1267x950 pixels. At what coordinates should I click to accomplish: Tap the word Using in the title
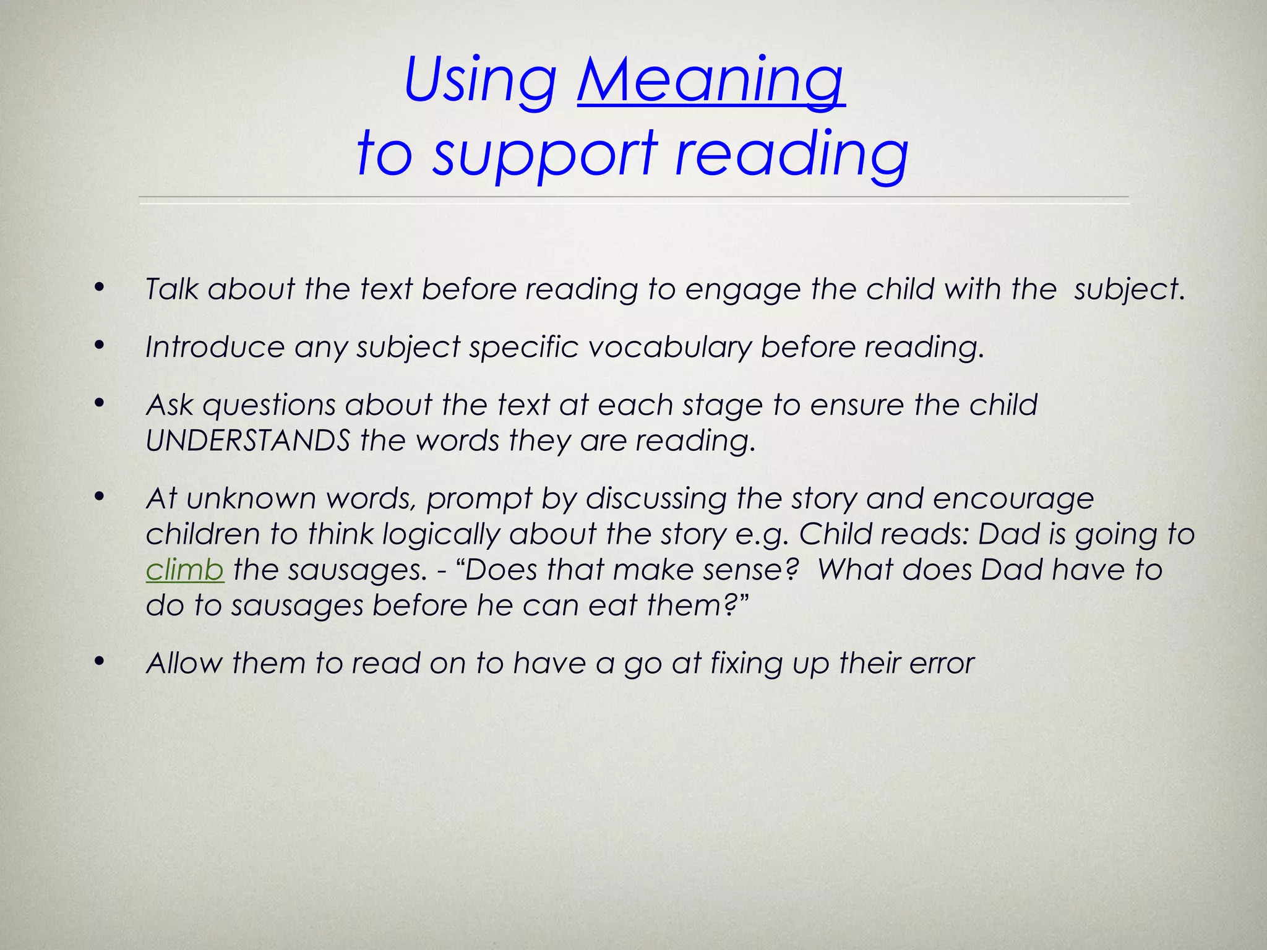(480, 80)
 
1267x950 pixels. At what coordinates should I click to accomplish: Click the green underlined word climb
(184, 570)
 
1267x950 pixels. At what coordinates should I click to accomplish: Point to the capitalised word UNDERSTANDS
(248, 441)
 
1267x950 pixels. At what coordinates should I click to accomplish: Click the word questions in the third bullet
(269, 406)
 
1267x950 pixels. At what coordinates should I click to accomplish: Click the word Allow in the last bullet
(184, 663)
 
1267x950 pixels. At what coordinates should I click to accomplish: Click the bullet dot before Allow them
(99, 662)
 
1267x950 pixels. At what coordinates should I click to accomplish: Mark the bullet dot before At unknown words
(99, 497)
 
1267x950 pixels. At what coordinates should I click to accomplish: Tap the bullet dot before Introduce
(99, 346)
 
